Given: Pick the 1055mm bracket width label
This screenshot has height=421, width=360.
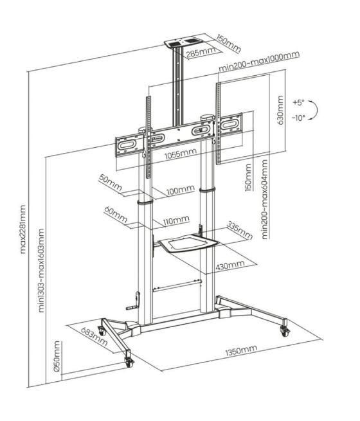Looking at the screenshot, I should click(181, 154).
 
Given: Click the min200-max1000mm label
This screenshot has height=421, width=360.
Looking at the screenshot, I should click(258, 69).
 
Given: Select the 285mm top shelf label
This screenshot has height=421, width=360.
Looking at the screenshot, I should click(199, 52).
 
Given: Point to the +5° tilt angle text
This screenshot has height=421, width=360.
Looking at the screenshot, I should click(297, 102).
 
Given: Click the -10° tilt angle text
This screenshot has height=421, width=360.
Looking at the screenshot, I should click(297, 118).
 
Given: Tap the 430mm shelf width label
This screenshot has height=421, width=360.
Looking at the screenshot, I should click(230, 264).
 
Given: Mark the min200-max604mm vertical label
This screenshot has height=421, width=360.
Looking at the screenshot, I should click(265, 201).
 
